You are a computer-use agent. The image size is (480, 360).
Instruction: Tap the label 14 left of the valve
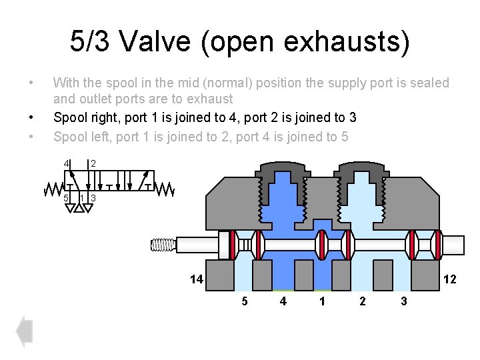[x=195, y=279]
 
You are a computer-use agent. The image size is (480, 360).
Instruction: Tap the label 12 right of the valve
[x=449, y=279]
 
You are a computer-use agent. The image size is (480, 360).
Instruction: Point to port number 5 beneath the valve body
[x=244, y=301]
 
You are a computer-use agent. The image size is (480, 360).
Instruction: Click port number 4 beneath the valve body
[x=283, y=301]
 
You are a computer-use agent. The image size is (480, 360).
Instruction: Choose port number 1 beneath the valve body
[x=323, y=301]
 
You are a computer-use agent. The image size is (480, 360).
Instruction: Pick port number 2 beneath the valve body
[x=362, y=301]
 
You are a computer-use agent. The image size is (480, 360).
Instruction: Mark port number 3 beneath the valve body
[x=403, y=301]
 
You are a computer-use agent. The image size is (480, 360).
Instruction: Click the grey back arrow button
[x=25, y=331]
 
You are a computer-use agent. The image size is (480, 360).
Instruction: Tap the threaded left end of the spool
[x=163, y=245]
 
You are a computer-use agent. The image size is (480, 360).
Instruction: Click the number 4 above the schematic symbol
[x=66, y=163]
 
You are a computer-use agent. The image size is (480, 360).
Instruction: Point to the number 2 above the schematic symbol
[x=93, y=163]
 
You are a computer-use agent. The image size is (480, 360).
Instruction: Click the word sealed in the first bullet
[x=431, y=83]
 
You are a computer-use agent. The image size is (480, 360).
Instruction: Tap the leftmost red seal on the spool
[x=233, y=245]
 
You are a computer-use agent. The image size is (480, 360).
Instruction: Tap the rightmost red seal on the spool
[x=437, y=245]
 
